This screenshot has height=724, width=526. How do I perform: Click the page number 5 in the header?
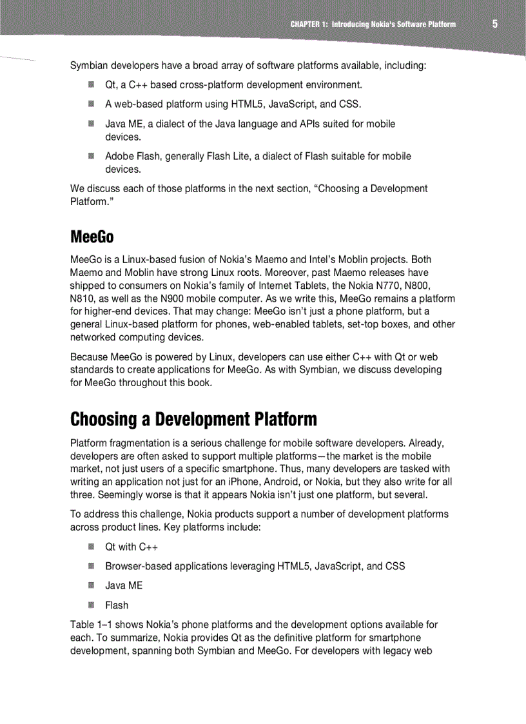pyautogui.click(x=495, y=24)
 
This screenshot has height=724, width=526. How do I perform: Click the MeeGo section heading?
pyautogui.click(x=92, y=237)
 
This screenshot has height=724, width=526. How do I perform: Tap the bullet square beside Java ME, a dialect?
pyautogui.click(x=92, y=123)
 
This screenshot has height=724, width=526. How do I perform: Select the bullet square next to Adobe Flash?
pyautogui.click(x=92, y=156)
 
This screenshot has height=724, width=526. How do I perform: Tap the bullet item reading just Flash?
pyautogui.click(x=117, y=605)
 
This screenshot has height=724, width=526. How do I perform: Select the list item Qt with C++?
pyautogui.click(x=131, y=547)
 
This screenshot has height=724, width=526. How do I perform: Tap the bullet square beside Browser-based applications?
pyautogui.click(x=92, y=566)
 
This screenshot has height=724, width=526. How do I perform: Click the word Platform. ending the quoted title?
pyautogui.click(x=88, y=202)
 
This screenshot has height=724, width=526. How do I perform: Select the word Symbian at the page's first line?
pyautogui.click(x=88, y=66)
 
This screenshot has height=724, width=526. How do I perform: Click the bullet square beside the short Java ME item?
pyautogui.click(x=92, y=585)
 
